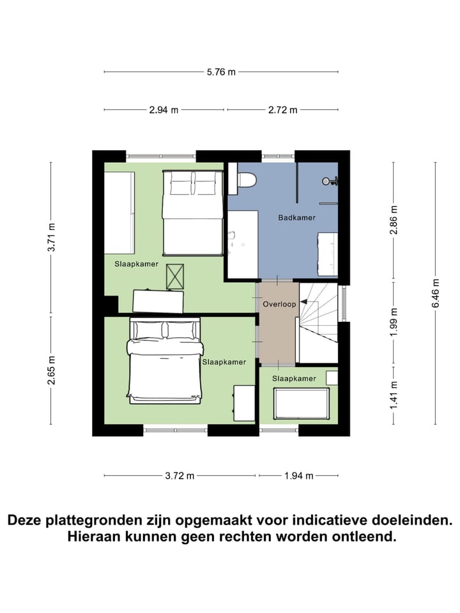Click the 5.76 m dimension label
[221, 72]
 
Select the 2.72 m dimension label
[283, 110]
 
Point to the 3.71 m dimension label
[51, 237]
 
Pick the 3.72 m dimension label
[180, 476]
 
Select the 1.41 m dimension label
[394, 393]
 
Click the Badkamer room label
[296, 218]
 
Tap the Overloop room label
[279, 305]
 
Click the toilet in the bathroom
[245, 181]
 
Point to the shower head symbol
[329, 181]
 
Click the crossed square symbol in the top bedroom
[174, 276]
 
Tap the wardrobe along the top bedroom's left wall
[119, 212]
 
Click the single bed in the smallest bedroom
[302, 402]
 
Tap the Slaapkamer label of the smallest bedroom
[294, 379]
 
